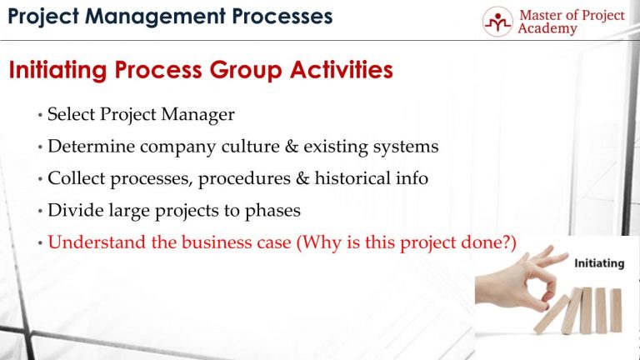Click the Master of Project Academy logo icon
coord(497,22)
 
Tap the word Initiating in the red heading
coord(56,71)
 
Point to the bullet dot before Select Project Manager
coord(41,116)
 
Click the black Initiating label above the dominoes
coord(599,263)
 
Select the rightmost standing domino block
coord(615,311)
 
